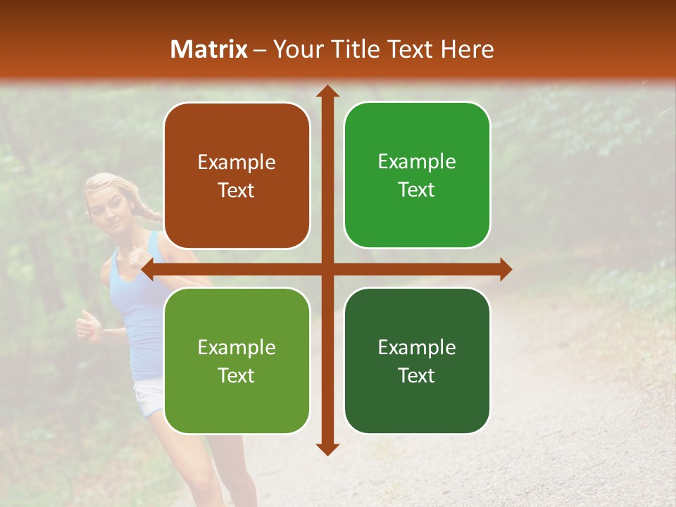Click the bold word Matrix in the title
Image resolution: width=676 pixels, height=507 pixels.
(x=209, y=49)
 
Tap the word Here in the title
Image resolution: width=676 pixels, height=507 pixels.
(x=467, y=49)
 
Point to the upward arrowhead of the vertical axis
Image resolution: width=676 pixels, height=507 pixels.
(x=327, y=92)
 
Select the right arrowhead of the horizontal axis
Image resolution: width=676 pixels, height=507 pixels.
(x=506, y=269)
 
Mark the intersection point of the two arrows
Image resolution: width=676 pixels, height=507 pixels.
(x=327, y=269)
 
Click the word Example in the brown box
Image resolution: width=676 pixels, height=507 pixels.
(x=237, y=163)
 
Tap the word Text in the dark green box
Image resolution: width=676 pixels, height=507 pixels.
(x=417, y=375)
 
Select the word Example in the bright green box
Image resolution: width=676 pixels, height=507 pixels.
(x=417, y=162)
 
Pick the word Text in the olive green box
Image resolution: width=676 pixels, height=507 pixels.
(x=237, y=375)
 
